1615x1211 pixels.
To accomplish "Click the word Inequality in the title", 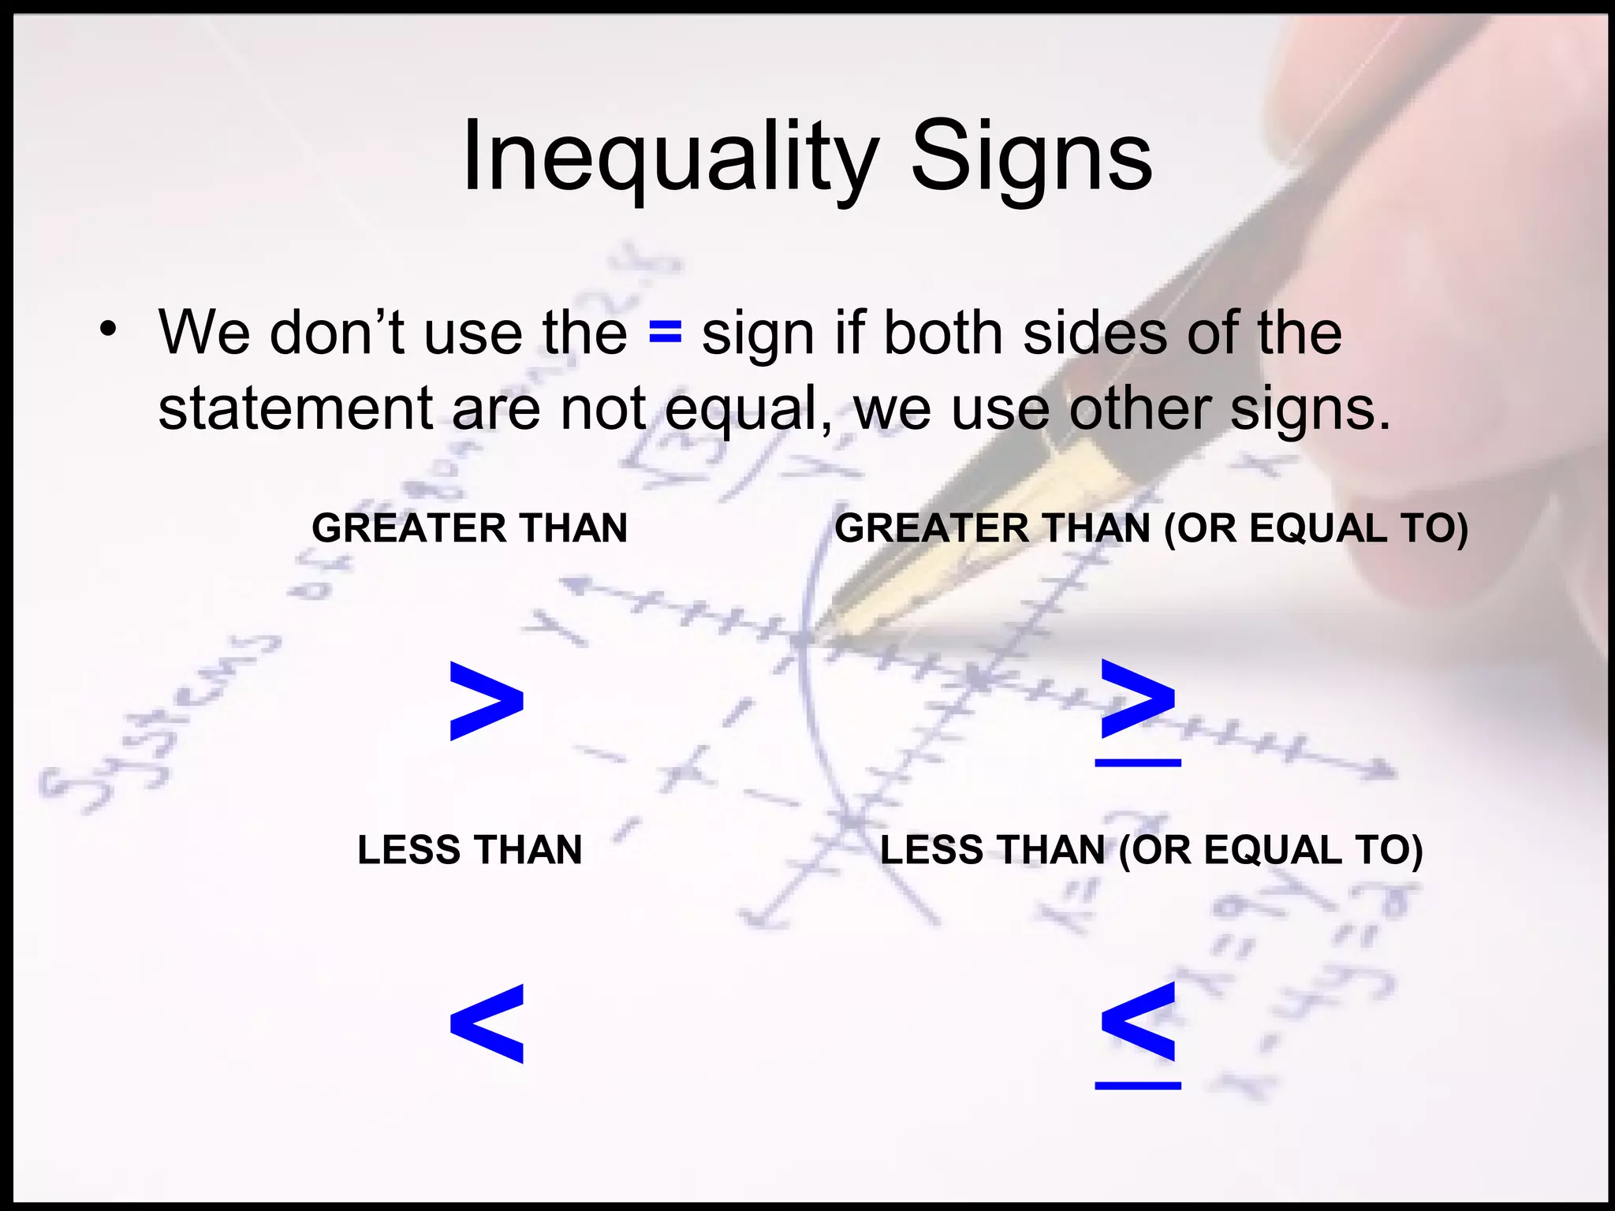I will [669, 158].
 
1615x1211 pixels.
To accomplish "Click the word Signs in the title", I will [1031, 158].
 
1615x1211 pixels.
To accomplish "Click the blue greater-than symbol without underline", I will [486, 701].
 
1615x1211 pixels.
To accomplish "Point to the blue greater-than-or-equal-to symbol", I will [1138, 710].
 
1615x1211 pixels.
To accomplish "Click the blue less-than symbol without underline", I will [486, 1023].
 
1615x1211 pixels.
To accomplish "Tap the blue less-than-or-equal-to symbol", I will [1138, 1033].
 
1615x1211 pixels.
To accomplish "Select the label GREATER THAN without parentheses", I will [469, 527].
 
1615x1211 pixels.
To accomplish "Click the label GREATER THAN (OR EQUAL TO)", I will [1151, 527].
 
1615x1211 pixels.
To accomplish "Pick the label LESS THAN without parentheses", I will [469, 850].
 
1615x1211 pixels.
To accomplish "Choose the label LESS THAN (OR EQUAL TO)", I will [1151, 850].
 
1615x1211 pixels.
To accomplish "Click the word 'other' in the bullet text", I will [1139, 408].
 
